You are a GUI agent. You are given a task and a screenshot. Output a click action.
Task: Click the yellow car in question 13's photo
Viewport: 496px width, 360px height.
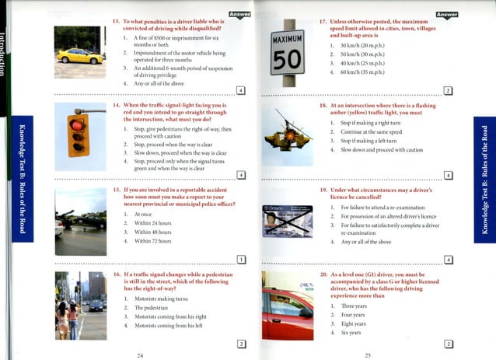tap(79, 55)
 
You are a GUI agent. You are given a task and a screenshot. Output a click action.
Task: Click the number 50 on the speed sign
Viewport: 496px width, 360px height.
tap(287, 59)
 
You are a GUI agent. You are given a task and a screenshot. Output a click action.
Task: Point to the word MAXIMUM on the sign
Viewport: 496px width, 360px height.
tap(287, 39)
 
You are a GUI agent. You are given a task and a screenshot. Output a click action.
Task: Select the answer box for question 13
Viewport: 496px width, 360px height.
tap(240, 91)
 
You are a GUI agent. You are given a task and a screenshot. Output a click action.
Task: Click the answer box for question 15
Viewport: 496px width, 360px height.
tap(240, 259)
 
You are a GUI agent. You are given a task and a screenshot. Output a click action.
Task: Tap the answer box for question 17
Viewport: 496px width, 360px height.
tap(448, 91)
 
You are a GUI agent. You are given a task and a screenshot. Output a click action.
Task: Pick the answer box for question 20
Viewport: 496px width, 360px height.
tap(448, 344)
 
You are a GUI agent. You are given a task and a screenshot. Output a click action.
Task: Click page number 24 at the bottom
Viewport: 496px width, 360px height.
tap(140, 354)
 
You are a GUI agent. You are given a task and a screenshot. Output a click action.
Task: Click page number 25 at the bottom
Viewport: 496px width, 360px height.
tap(367, 354)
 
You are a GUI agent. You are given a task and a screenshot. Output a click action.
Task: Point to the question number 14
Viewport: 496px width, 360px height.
tap(116, 104)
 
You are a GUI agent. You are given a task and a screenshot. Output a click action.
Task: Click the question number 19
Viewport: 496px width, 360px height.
tap(323, 189)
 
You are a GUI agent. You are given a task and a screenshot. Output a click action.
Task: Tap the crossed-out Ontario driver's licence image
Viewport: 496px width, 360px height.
tap(287, 220)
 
